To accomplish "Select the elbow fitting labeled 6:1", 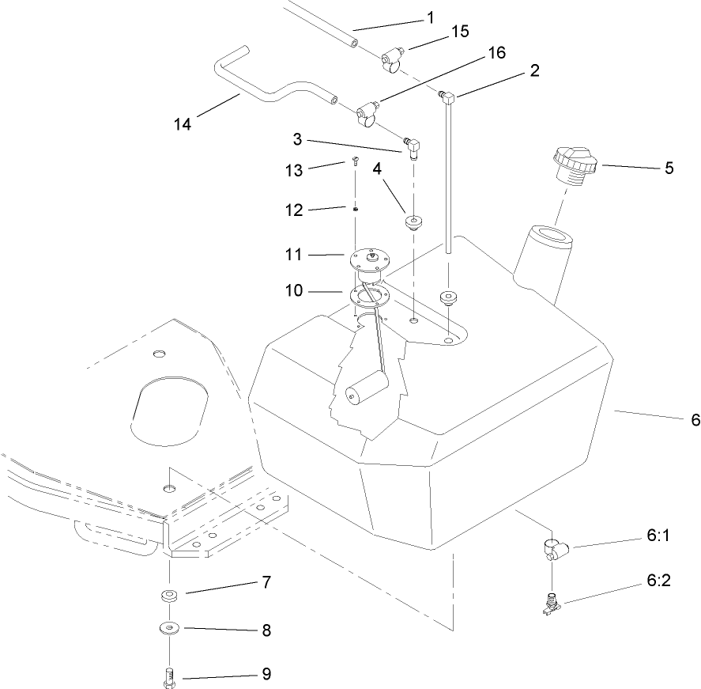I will click(x=552, y=547).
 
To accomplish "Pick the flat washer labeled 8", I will click(x=168, y=630).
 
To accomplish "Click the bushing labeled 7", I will click(x=168, y=596).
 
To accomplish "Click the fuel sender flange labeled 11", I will click(x=367, y=259).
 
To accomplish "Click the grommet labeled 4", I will click(x=414, y=221).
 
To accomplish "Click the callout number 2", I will click(x=535, y=70).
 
